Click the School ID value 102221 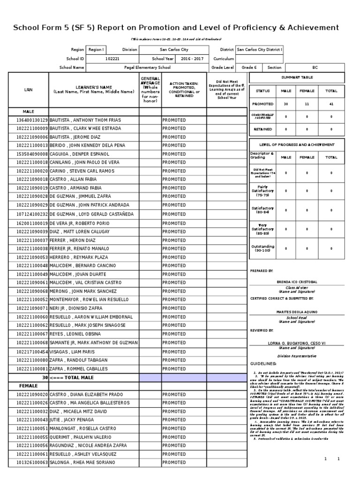click(112, 59)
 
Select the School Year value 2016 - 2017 click(192, 59)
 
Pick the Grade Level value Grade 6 click(249, 67)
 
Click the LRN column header click(29, 90)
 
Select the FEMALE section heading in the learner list click(29, 386)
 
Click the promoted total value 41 click(331, 104)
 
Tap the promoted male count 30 click(286, 104)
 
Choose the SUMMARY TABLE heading click(297, 77)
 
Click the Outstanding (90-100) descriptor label click(263, 248)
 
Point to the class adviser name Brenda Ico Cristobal click(297, 282)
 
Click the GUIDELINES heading click(263, 364)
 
